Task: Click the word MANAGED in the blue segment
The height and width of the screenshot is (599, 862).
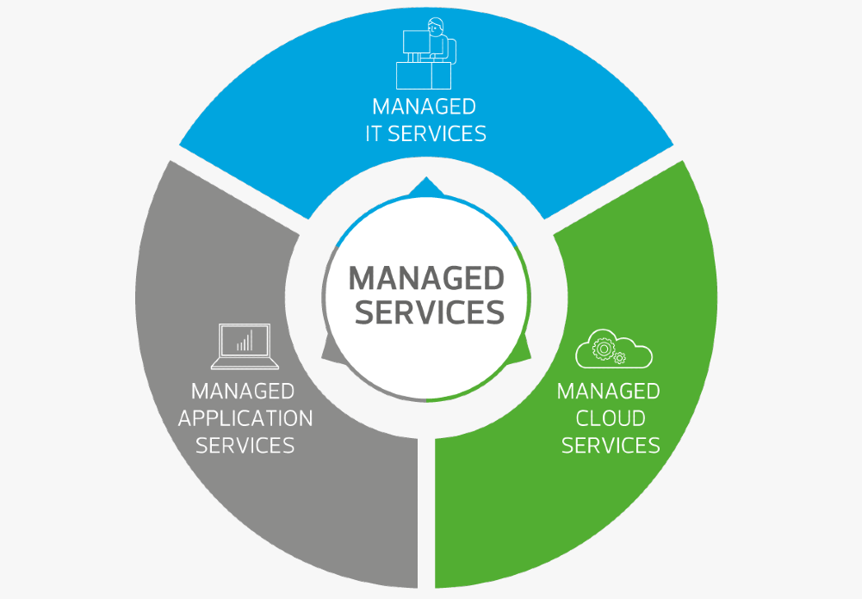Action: pos(424,107)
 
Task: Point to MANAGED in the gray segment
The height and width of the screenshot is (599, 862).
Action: pos(243,392)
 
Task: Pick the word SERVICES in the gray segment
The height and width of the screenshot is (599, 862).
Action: pos(245,446)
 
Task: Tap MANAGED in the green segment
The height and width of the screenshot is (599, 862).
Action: pos(608,392)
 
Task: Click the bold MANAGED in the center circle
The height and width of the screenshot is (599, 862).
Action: pos(426,279)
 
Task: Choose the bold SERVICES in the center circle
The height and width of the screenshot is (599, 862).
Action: pos(429,312)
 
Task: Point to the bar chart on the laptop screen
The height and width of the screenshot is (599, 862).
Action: pos(245,341)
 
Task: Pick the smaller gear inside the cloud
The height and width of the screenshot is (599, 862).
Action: pos(619,357)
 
